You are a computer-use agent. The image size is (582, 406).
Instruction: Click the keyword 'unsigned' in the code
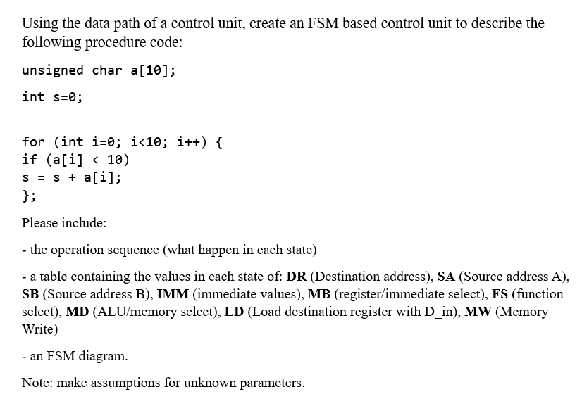pos(53,70)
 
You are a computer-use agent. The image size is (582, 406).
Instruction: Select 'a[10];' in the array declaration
pos(154,70)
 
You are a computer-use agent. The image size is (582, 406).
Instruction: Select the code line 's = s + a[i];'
pos(72,177)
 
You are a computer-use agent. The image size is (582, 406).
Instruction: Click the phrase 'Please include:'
pos(64,223)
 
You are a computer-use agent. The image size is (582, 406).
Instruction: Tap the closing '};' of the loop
pos(29,195)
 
